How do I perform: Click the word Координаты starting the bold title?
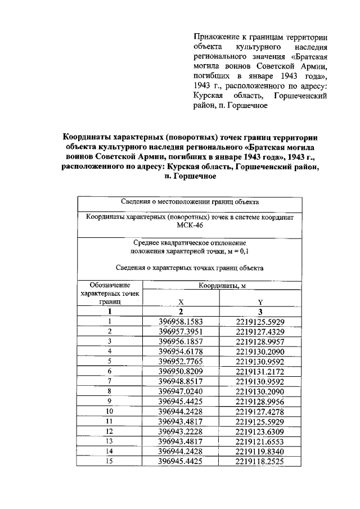[91, 137]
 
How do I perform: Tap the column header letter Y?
[260, 301]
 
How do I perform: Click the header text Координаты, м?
[222, 286]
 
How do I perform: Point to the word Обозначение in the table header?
[110, 286]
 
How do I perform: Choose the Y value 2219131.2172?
[260, 372]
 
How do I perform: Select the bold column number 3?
[260, 311]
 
